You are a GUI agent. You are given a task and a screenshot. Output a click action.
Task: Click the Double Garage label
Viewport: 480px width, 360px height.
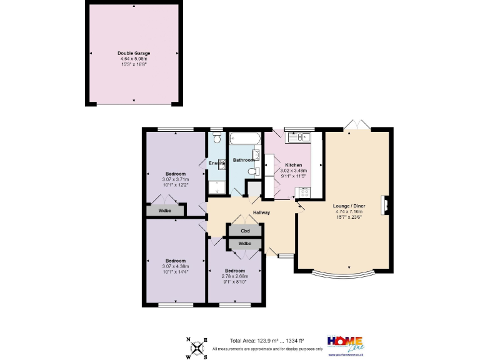click(134, 53)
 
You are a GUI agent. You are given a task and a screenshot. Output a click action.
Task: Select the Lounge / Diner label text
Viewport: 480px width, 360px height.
click(349, 206)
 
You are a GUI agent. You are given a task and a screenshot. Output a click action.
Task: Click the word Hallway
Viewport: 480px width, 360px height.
click(261, 213)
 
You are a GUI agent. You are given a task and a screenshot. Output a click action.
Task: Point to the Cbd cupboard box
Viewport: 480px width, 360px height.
click(246, 231)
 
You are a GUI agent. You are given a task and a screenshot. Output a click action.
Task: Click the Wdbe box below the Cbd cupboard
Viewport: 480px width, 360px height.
click(246, 243)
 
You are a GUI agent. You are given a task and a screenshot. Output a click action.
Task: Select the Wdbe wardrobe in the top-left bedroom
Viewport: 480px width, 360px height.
click(165, 211)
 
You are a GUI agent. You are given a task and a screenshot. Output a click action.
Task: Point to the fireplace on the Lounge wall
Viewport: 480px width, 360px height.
click(387, 204)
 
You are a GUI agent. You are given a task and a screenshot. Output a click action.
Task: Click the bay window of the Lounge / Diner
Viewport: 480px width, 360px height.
click(343, 274)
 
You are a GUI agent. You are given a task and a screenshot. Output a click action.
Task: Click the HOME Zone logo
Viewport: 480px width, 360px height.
click(346, 344)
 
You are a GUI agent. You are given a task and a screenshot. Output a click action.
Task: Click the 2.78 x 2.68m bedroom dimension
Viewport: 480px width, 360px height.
click(235, 276)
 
